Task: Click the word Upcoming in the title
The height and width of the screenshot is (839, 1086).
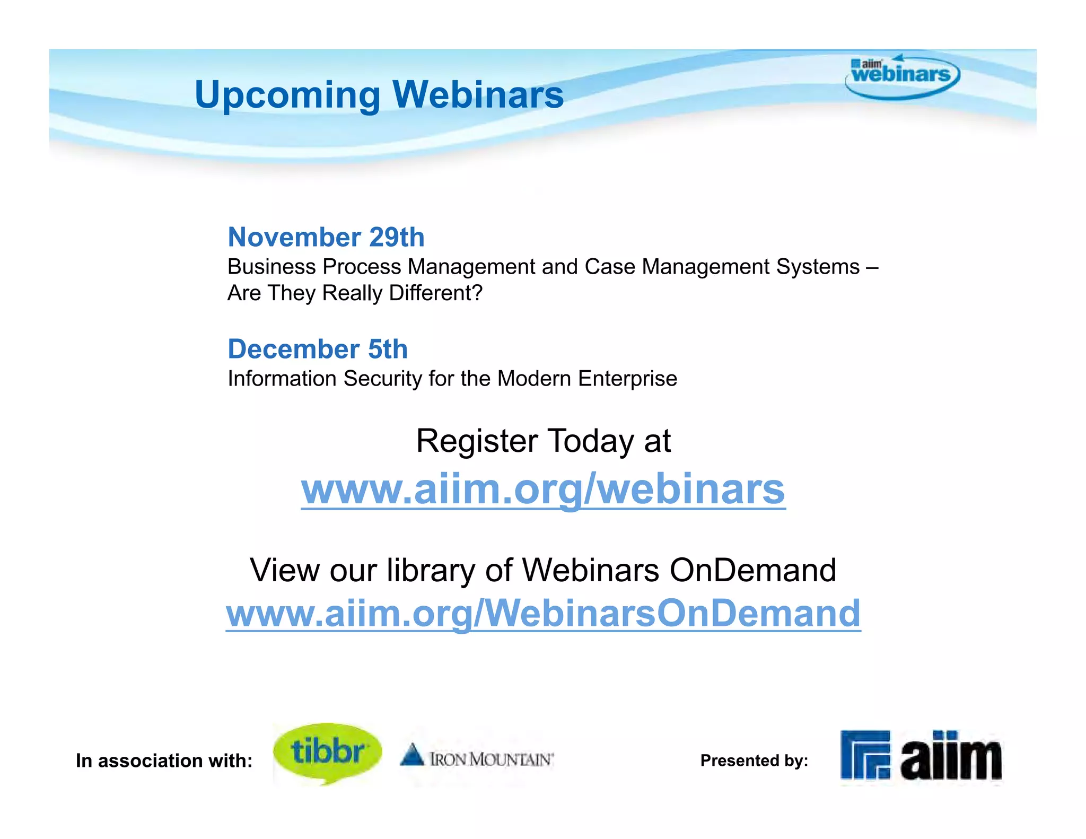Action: [287, 95]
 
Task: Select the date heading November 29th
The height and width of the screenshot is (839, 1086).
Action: [326, 237]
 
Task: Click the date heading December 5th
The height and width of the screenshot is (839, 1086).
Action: [318, 349]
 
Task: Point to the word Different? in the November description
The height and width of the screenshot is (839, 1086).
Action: [435, 293]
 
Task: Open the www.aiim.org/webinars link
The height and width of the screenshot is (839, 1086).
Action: [543, 489]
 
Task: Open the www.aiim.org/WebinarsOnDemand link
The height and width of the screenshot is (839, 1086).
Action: [543, 613]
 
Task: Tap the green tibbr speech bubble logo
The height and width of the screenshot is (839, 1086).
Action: [327, 752]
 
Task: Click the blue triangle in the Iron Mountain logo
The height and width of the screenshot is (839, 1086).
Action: [412, 755]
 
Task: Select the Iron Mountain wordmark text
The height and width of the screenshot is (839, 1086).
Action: [492, 759]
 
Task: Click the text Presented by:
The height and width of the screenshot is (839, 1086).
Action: [754, 761]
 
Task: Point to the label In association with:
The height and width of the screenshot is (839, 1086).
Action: [164, 761]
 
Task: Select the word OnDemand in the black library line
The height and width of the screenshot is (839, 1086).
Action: [752, 570]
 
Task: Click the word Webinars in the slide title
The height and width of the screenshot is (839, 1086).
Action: [478, 95]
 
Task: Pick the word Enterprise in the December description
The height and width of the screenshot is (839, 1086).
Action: [627, 379]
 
